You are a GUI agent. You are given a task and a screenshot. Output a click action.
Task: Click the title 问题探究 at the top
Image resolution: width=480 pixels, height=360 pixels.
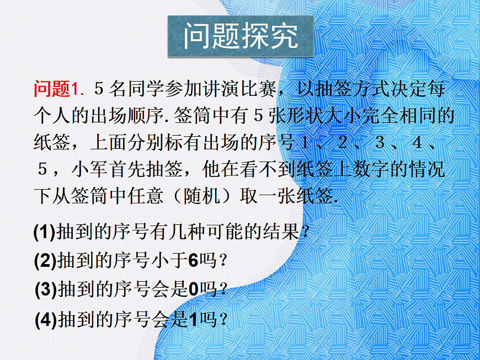pyautogui.click(x=241, y=36)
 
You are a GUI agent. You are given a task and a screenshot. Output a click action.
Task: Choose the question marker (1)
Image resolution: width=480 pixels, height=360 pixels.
pyautogui.click(x=44, y=232)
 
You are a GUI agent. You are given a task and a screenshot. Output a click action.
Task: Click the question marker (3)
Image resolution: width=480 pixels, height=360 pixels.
pyautogui.click(x=45, y=290)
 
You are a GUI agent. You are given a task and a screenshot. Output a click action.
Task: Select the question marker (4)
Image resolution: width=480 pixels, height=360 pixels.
pyautogui.click(x=45, y=320)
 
